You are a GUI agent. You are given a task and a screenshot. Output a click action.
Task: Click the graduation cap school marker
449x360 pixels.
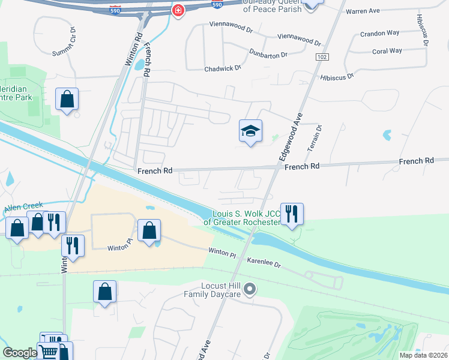tap(250, 131)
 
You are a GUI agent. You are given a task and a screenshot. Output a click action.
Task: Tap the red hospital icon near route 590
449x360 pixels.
tap(178, 10)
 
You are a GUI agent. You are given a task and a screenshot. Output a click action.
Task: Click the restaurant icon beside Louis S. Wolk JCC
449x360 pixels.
tap(292, 214)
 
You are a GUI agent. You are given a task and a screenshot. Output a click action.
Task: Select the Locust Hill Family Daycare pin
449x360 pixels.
tap(252, 290)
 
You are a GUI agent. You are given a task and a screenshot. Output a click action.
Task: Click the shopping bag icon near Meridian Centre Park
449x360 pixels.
tap(67, 99)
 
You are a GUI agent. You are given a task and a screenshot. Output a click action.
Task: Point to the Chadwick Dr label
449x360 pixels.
tap(222, 68)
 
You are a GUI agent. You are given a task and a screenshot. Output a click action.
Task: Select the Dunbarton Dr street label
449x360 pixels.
tap(268, 54)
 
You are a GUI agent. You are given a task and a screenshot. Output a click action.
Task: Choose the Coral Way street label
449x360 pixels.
tap(387, 51)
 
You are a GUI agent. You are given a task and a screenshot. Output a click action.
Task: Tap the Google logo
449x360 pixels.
tap(20, 353)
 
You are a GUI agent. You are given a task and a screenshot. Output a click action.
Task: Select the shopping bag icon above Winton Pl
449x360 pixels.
tap(149, 231)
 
